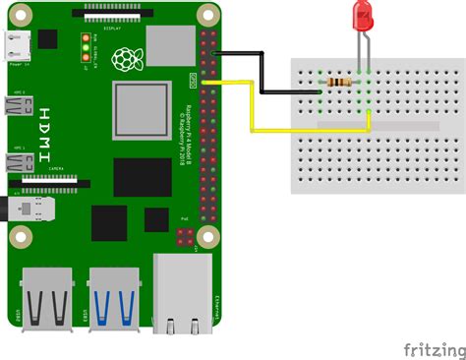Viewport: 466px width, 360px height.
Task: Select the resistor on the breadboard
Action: coord(342,83)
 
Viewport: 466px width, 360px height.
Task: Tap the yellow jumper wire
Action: coord(254,108)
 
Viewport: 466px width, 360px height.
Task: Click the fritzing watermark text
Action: coord(435,349)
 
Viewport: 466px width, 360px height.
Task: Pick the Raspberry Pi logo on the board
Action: coord(124,61)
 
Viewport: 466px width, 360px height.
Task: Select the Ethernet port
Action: coord(185,292)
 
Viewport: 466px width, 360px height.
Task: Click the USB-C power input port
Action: coord(17,43)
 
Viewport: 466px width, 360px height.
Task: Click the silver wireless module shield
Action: coord(167,45)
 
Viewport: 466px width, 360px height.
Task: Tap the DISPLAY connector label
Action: coord(110,29)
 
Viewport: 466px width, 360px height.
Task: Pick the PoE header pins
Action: coord(184,236)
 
